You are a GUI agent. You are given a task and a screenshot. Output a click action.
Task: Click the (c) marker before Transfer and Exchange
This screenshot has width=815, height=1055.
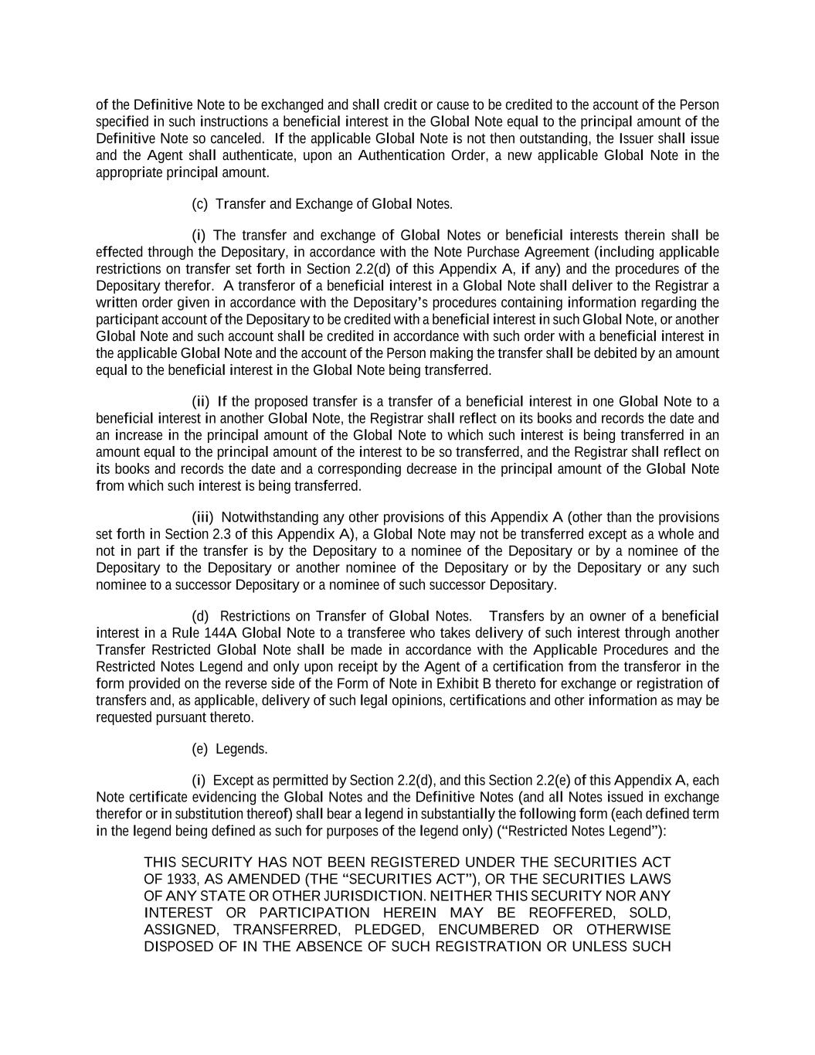click(200, 204)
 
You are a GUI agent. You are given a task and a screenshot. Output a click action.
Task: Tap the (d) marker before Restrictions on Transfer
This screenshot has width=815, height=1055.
click(200, 616)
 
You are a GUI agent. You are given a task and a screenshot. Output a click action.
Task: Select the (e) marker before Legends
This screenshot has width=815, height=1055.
click(200, 749)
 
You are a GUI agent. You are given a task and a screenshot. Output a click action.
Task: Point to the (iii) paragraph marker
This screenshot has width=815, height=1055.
click(202, 517)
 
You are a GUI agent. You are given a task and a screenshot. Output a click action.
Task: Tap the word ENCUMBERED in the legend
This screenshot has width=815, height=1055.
click(488, 929)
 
